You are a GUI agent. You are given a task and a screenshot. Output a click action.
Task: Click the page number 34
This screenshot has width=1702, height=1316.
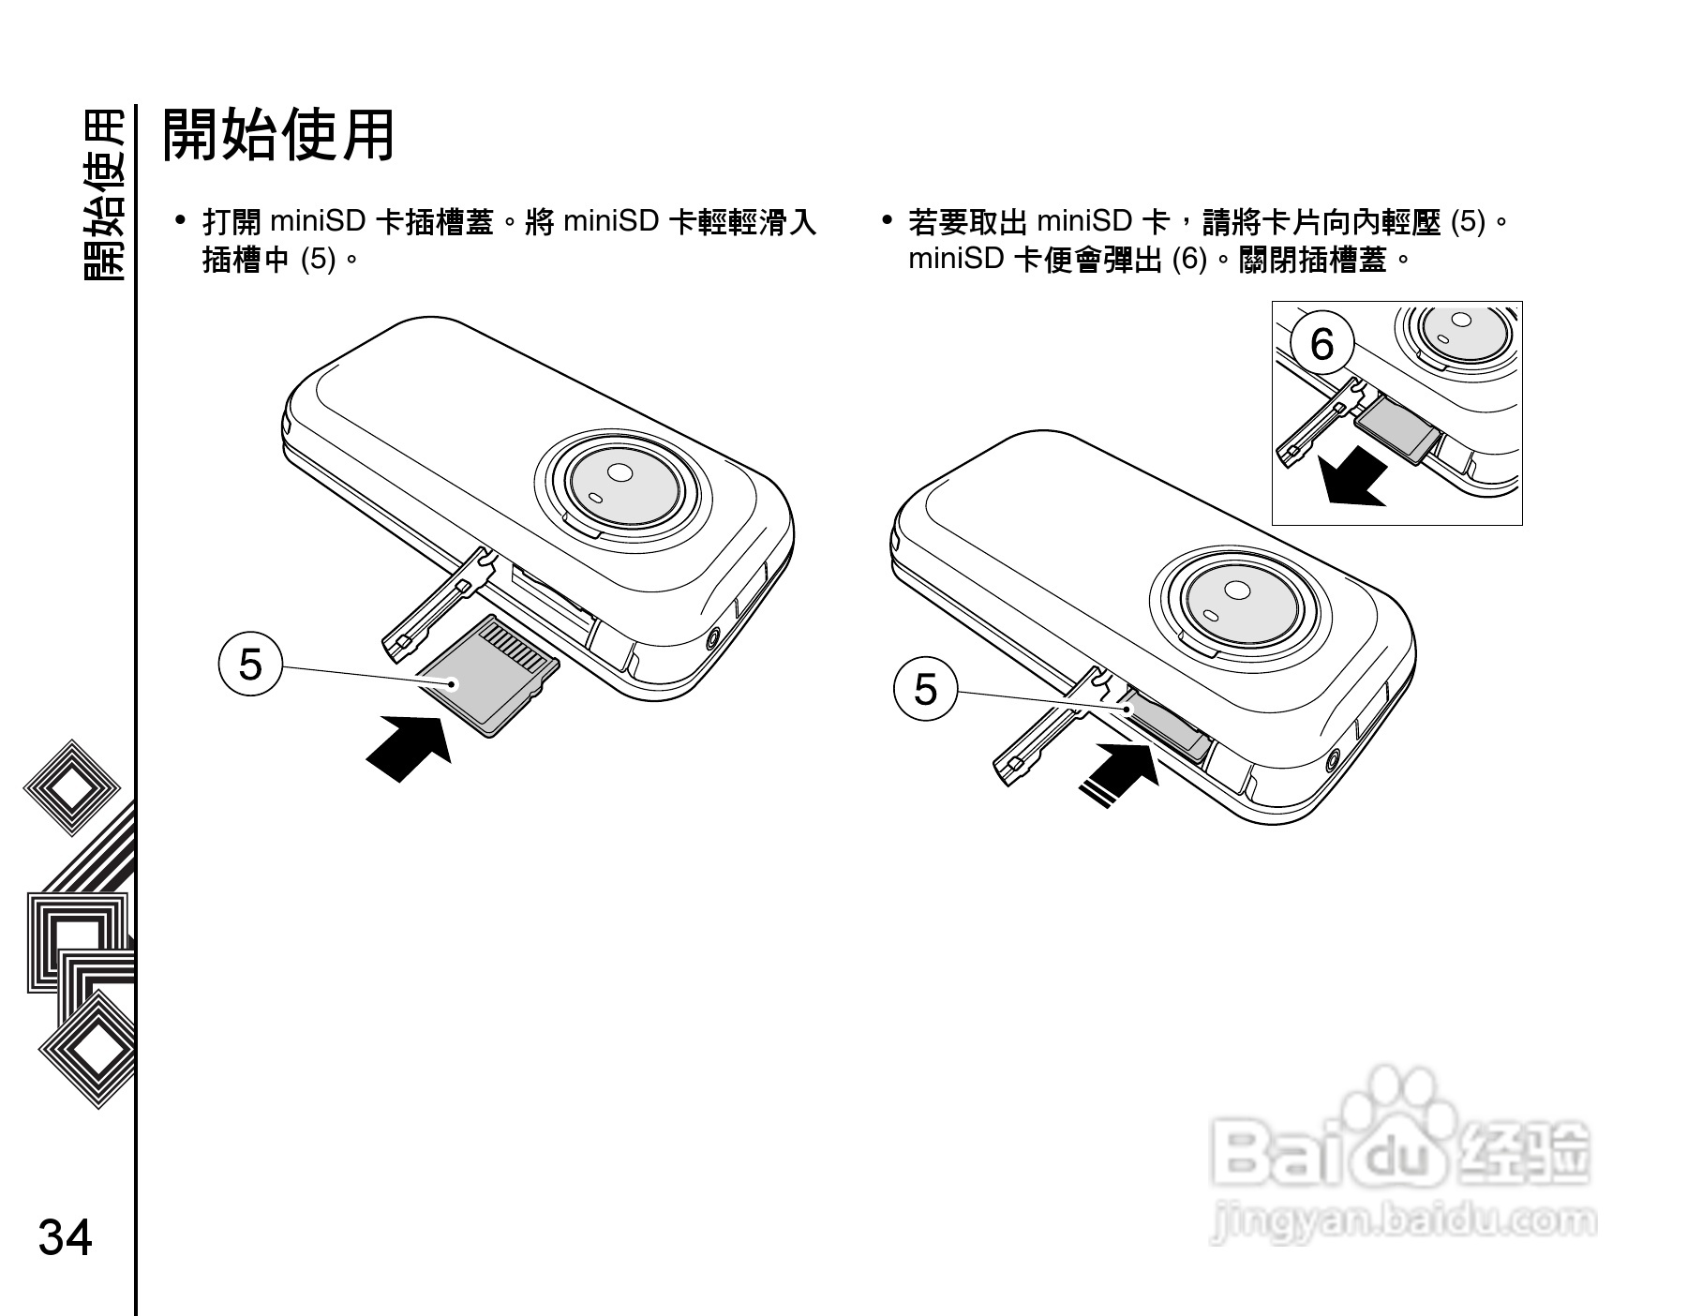tap(65, 1237)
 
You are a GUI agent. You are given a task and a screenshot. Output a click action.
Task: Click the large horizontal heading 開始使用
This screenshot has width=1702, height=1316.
tap(278, 134)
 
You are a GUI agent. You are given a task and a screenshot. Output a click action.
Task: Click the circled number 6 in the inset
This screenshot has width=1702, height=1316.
tap(1321, 344)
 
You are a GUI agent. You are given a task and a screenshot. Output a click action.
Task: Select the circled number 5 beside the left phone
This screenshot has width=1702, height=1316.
tap(250, 665)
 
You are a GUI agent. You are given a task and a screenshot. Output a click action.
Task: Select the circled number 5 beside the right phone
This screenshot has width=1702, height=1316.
tap(925, 690)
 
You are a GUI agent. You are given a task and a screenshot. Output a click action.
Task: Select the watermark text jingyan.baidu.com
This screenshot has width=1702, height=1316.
tap(1403, 1221)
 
